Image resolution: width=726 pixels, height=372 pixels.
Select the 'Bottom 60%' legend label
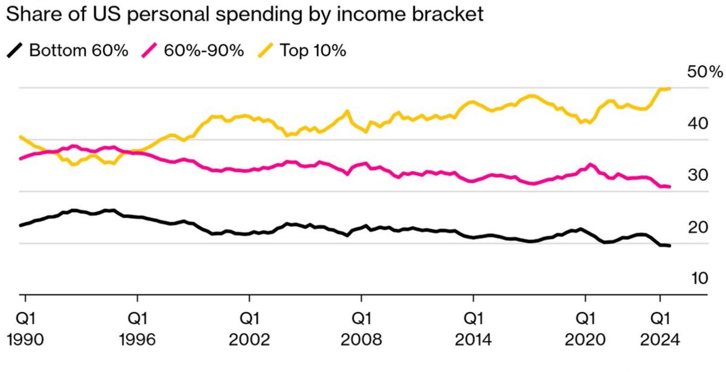[79, 50]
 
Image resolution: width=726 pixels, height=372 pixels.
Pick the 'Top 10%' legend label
[312, 50]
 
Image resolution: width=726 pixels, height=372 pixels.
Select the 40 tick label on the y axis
[696, 124]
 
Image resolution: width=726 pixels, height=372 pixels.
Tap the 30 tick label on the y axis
[696, 176]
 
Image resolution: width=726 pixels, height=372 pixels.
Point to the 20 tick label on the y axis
[696, 228]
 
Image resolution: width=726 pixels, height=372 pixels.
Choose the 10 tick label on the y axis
[696, 279]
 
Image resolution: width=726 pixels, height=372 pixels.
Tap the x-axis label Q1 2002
[249, 327]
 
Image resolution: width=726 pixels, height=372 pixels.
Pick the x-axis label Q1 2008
[361, 327]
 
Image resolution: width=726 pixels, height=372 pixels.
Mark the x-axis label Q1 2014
[473, 327]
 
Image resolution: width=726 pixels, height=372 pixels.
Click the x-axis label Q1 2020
[585, 327]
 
